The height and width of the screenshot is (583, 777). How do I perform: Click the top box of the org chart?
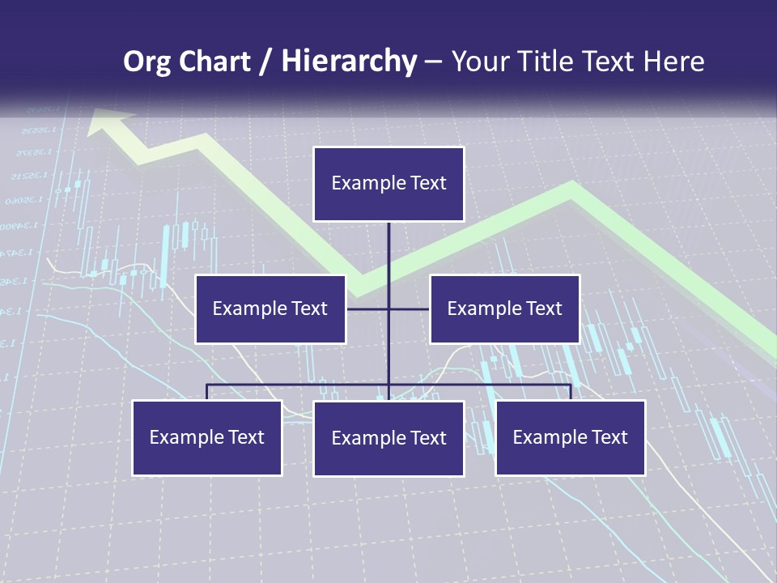tap(388, 184)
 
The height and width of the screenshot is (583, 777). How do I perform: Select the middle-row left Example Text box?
tap(270, 309)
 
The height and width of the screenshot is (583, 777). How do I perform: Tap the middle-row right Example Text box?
tap(504, 309)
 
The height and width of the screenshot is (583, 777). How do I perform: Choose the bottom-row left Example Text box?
tap(207, 437)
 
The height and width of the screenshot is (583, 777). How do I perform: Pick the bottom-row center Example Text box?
tap(388, 438)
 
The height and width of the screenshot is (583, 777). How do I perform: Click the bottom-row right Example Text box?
tap(571, 437)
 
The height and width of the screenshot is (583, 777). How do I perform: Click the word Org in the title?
tap(146, 62)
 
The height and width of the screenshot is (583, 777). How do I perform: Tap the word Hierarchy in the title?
tap(349, 62)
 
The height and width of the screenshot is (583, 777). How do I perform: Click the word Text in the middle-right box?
tap(543, 309)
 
